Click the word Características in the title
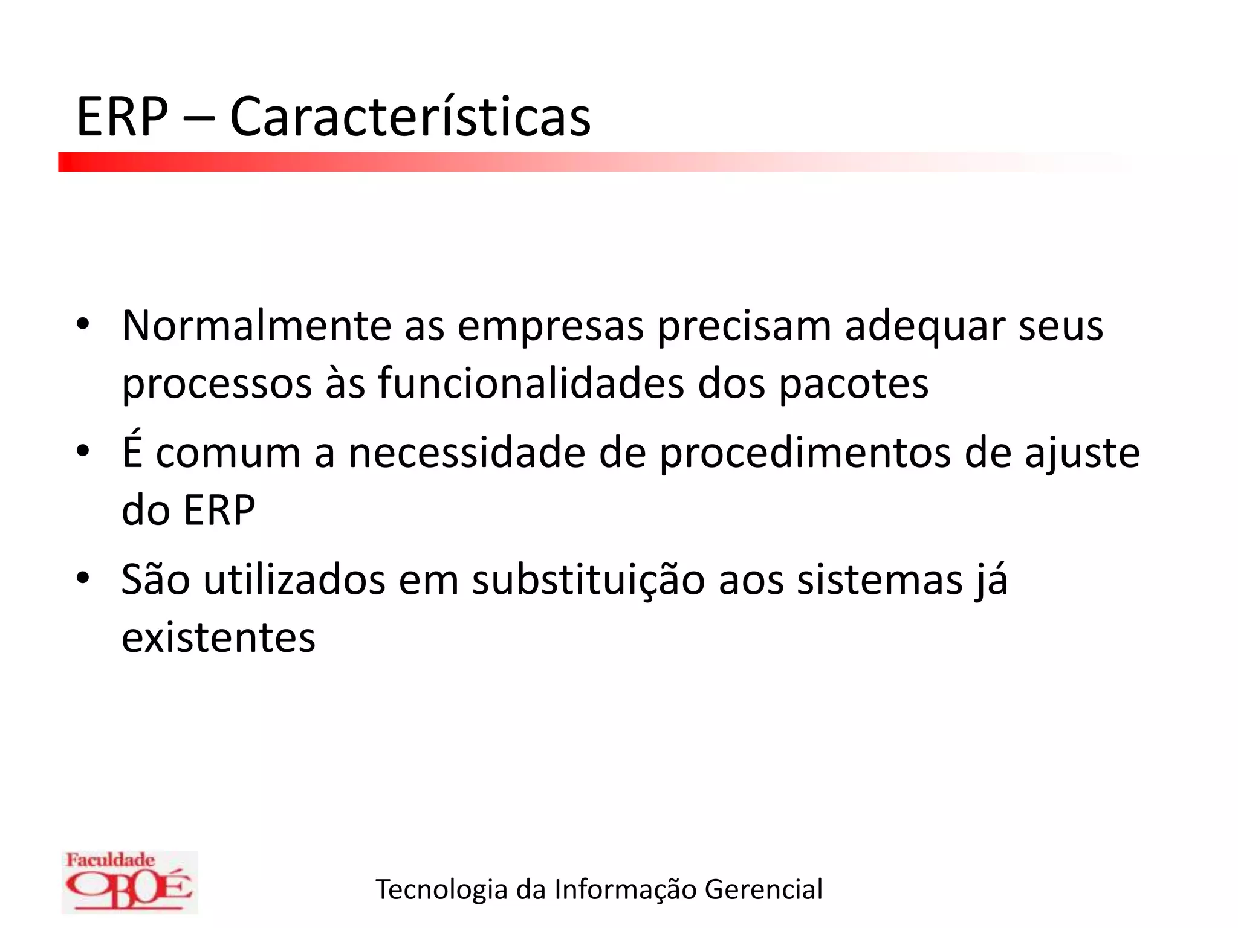click(410, 117)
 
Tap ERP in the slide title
click(122, 117)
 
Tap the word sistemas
click(880, 580)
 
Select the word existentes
click(218, 638)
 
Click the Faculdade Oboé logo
click(129, 881)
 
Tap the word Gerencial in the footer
click(763, 889)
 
